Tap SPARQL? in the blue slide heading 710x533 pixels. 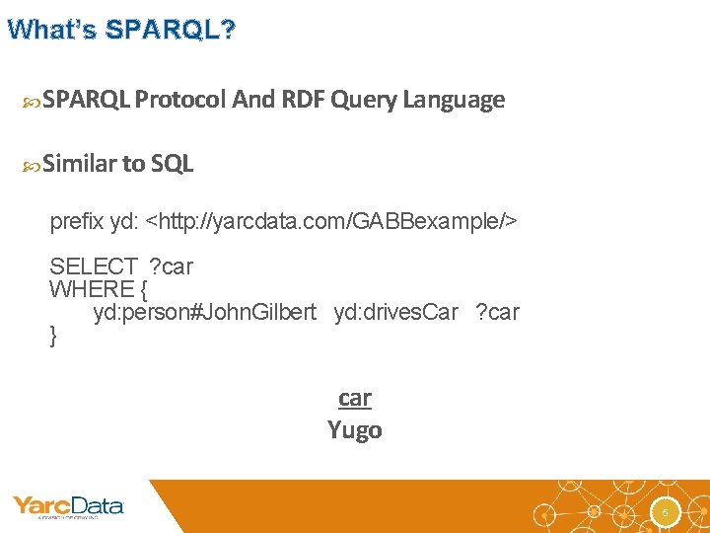point(171,30)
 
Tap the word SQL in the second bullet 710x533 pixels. point(173,164)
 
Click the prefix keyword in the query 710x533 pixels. point(77,222)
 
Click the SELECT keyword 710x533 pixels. point(93,266)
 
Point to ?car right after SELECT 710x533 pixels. point(171,266)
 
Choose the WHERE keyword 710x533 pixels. point(91,289)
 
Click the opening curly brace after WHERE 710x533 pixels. point(142,289)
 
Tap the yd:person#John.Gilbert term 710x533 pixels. point(204,313)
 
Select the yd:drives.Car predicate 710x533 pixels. point(395,313)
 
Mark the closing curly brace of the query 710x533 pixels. point(53,336)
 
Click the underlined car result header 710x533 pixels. point(355,398)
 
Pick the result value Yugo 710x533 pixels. point(355,430)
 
